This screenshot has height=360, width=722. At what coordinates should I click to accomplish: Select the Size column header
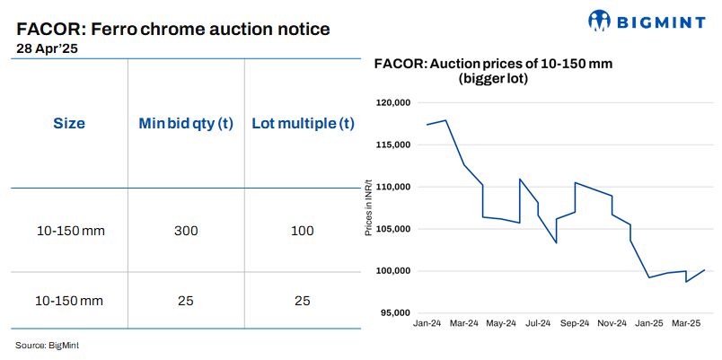[x=69, y=123]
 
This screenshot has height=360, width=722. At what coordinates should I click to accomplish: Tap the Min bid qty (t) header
[x=186, y=123]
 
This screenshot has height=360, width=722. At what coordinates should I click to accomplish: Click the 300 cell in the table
[x=186, y=231]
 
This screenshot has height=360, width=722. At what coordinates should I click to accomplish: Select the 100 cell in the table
[x=303, y=231]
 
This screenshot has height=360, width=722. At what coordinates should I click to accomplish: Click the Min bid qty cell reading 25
[x=186, y=300]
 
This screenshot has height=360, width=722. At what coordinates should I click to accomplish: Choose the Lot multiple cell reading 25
[x=303, y=300]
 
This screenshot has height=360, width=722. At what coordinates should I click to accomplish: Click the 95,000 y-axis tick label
[x=393, y=312]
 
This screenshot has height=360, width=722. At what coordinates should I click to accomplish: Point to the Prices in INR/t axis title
[x=368, y=207]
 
